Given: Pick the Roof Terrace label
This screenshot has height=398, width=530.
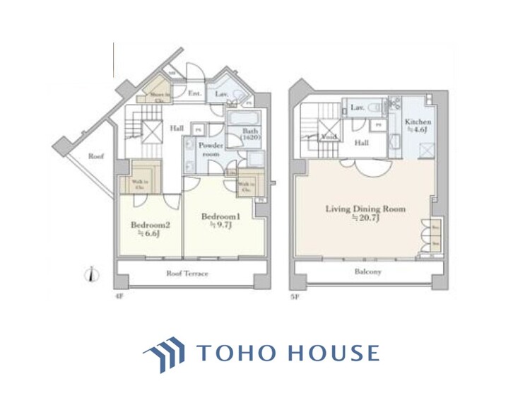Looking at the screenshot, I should click(x=187, y=273).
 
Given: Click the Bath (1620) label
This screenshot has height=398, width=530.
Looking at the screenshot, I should click(x=249, y=135).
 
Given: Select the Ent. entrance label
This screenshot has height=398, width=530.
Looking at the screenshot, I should click(x=194, y=93).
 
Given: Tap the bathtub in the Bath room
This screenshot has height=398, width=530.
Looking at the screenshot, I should click(x=245, y=117).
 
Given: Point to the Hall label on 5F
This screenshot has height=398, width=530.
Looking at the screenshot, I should click(x=362, y=142).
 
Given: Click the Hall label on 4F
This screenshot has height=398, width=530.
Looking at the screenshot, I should click(x=178, y=127).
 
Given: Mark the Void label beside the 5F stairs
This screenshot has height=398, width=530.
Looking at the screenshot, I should click(x=328, y=136).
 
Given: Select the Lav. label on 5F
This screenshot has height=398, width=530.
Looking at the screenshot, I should click(x=358, y=107).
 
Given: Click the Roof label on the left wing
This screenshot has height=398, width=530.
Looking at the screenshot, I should click(x=95, y=156).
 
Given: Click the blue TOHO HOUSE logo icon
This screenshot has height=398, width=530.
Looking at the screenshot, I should click(x=164, y=352).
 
